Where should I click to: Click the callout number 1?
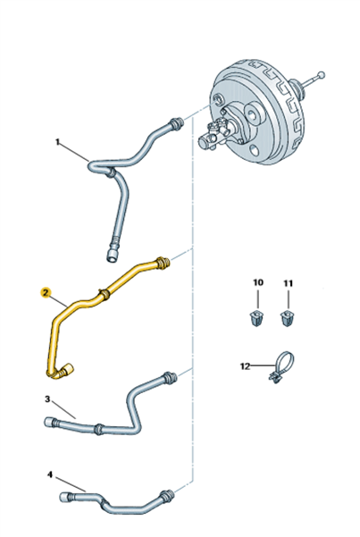tap(57, 141)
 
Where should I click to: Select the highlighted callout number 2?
tap(46, 292)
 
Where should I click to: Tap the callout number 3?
tap(47, 399)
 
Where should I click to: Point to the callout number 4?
tap(50, 474)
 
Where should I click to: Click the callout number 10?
tap(258, 282)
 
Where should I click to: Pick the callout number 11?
tap(288, 283)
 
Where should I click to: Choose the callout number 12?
tap(246, 366)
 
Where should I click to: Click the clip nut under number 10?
tap(255, 319)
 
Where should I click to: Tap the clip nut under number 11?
tap(287, 319)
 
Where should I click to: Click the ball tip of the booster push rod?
tap(321, 75)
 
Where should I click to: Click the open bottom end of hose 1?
tap(113, 256)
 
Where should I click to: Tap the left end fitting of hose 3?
tap(50, 422)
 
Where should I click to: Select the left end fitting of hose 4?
tap(66, 497)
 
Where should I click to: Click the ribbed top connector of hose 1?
tap(176, 123)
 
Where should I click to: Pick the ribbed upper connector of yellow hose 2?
tap(163, 263)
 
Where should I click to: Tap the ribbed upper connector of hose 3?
tap(171, 377)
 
